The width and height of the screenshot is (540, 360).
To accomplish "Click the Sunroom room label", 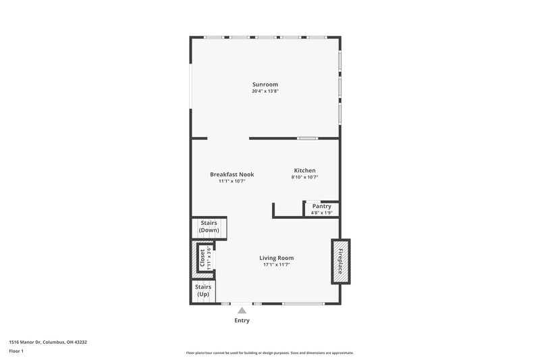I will point(265,84).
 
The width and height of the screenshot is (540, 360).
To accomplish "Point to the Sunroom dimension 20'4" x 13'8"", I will point(265,91).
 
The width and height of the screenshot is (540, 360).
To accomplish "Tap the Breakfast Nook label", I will point(231,174).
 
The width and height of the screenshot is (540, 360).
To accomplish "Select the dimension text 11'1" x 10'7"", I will point(231,181).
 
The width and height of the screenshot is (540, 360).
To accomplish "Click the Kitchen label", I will point(304,170).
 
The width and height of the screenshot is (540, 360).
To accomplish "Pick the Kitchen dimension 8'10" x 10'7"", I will point(304,177).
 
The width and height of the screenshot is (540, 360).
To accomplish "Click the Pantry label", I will point(321,206).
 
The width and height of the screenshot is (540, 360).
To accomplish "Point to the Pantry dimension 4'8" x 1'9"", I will point(321,213).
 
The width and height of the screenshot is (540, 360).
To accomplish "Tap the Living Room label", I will point(277,257).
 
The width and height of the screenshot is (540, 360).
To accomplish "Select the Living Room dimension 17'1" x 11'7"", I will point(277,265).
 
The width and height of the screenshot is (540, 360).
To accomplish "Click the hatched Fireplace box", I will point(340,261).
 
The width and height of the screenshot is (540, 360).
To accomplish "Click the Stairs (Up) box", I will point(203,291).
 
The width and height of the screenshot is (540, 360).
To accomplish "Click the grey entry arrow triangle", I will point(242,309).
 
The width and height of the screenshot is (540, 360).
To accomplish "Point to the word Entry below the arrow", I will point(242,320).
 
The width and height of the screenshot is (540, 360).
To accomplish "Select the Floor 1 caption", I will point(16,352).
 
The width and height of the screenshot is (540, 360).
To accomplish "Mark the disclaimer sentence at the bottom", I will point(269,353).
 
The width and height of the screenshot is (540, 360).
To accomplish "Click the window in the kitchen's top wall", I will point(308,138).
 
